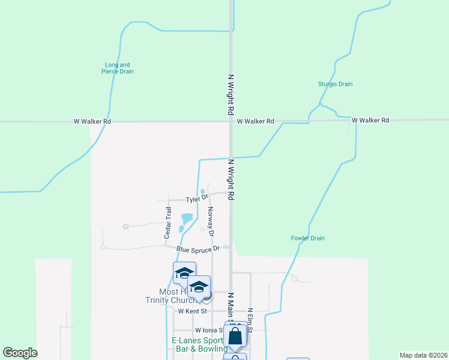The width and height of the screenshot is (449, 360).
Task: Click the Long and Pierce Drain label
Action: [x=118, y=68]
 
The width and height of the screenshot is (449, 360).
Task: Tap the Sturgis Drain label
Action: [x=335, y=84]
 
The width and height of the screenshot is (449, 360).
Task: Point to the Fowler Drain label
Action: [x=308, y=238]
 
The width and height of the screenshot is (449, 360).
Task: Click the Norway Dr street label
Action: [x=211, y=221]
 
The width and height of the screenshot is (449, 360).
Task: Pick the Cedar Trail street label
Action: [x=168, y=223]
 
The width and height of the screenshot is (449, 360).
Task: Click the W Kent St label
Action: [x=192, y=311]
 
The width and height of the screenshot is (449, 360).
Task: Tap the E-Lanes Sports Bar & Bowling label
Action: [x=196, y=345]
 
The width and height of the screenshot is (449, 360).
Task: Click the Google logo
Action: [x=20, y=353]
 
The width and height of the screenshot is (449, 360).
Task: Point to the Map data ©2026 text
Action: [x=423, y=355]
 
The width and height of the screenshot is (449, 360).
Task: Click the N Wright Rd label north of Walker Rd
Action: [x=230, y=95]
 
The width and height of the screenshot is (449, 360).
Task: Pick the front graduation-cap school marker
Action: [x=199, y=287]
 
